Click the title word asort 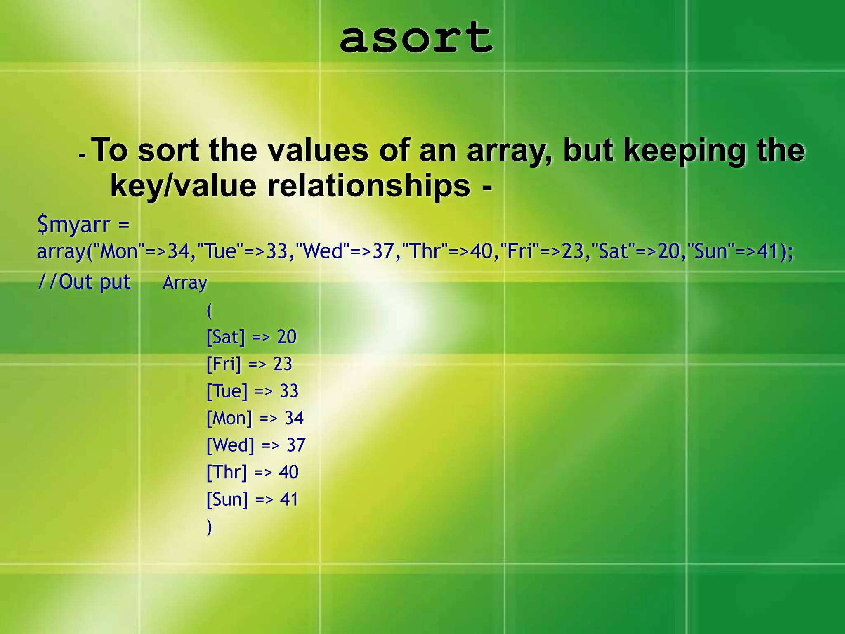[x=416, y=38]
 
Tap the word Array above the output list [x=185, y=283]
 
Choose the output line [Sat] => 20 [x=251, y=337]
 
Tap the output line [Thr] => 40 [x=252, y=472]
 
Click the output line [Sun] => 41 [x=252, y=499]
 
